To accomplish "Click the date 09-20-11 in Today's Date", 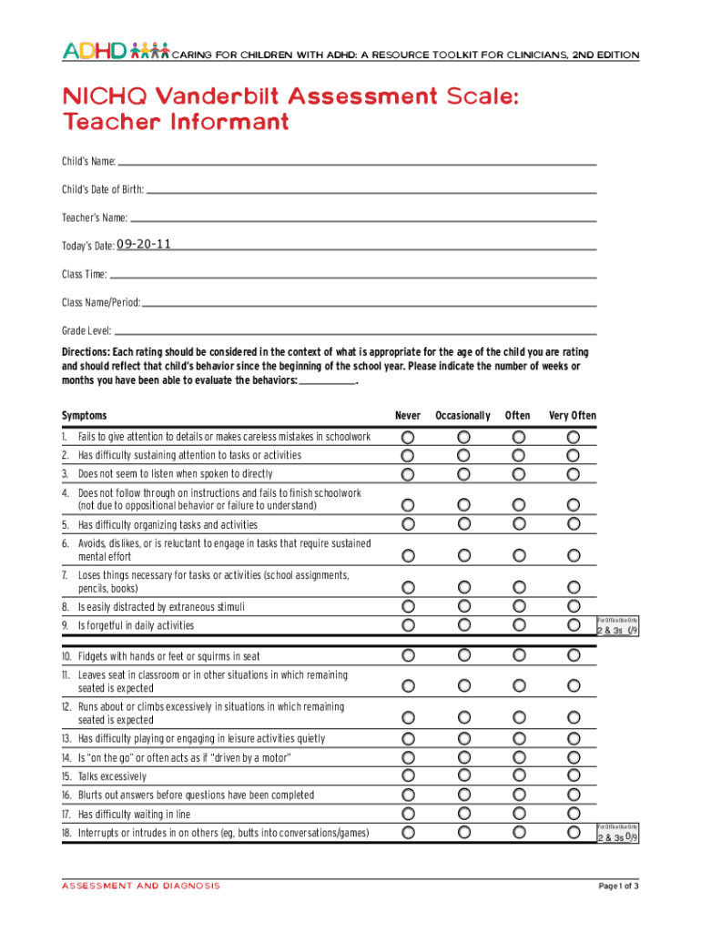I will click(x=144, y=244).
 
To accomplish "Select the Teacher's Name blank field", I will click(x=362, y=218).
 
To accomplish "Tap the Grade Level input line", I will click(x=355, y=332).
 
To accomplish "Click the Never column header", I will click(x=407, y=416).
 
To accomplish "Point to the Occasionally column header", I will click(x=462, y=416).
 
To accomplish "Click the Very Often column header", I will click(x=572, y=416).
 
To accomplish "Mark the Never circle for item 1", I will click(x=408, y=437).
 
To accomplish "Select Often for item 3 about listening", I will click(x=518, y=474).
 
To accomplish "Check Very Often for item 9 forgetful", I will click(x=574, y=625).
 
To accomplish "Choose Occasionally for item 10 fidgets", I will click(x=463, y=655).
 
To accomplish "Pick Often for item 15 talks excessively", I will click(x=518, y=776).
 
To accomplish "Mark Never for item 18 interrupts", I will click(x=408, y=833).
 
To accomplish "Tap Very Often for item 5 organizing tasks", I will click(x=574, y=524).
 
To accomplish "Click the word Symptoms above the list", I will click(x=84, y=416).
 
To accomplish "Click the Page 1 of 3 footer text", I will click(x=617, y=886).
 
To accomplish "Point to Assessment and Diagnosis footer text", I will click(x=140, y=886).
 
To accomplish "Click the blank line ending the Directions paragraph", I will click(x=327, y=382).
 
